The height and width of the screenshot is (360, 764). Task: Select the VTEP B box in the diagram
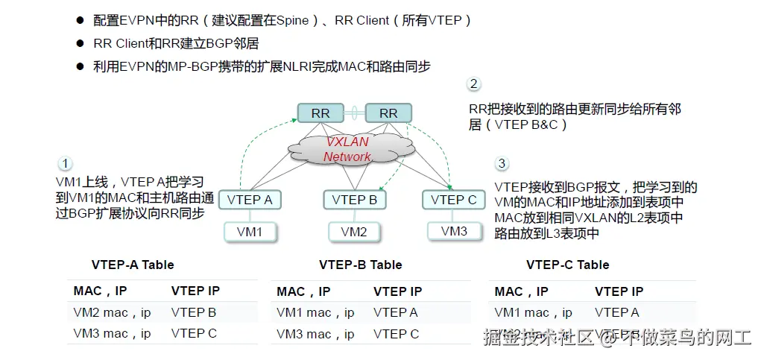click(354, 200)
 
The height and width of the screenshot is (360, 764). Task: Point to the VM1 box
click(250, 232)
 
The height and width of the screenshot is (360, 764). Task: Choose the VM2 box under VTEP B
click(354, 232)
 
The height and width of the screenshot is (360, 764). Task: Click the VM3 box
click(454, 231)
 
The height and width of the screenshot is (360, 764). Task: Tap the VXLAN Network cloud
click(347, 149)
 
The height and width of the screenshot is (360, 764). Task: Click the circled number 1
click(66, 163)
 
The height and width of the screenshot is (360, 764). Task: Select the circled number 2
click(473, 84)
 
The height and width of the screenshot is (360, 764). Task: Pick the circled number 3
click(502, 163)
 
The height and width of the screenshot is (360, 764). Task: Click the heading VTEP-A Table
click(133, 265)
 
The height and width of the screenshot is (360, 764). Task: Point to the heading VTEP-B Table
click(360, 265)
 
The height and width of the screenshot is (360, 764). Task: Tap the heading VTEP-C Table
click(567, 265)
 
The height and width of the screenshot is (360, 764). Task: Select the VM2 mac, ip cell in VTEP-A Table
click(112, 312)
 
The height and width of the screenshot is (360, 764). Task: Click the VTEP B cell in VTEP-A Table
click(194, 312)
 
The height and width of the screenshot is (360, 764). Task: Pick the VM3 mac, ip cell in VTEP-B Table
click(315, 334)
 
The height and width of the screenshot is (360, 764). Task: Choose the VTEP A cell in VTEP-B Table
click(396, 312)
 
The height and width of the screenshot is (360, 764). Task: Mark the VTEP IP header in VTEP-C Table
click(619, 291)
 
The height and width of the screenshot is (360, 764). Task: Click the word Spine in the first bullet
click(291, 20)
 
